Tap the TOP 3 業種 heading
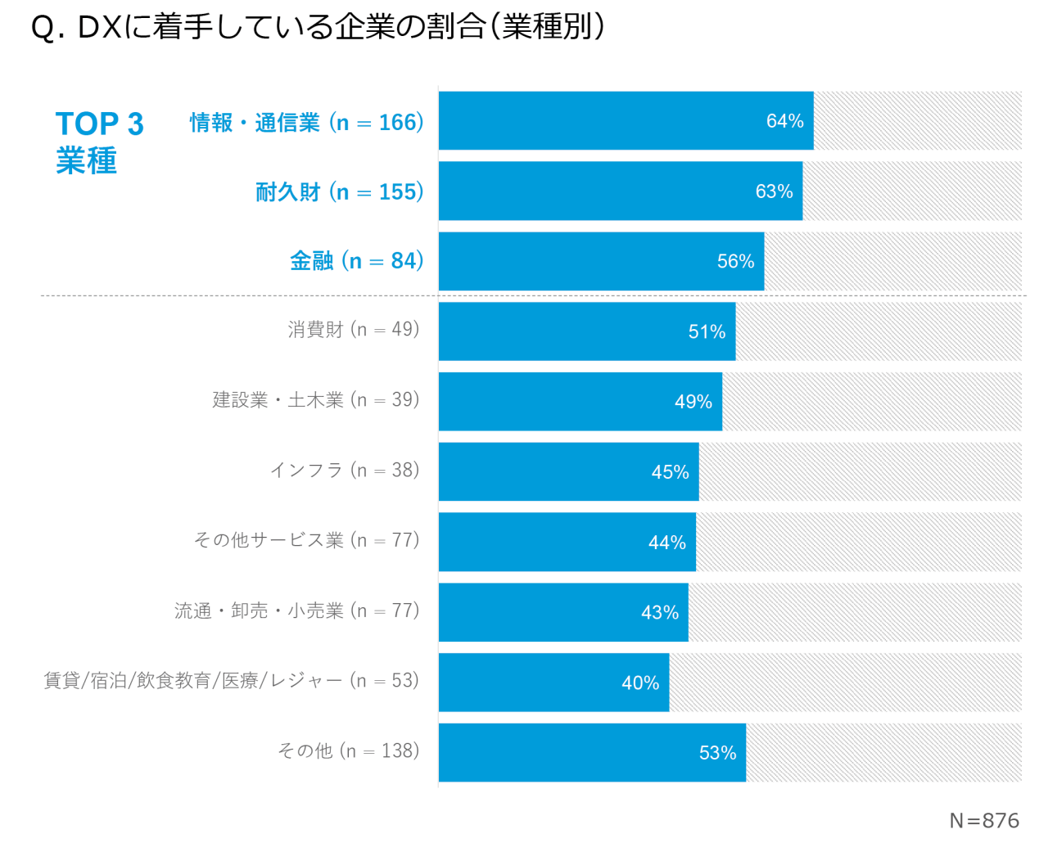[x=99, y=142]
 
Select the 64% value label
[x=784, y=121]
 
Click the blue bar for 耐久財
[x=620, y=191]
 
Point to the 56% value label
[x=735, y=261]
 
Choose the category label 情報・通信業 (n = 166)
[x=307, y=123]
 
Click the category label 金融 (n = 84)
[x=357, y=261]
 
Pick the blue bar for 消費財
[x=586, y=331]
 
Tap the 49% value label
[x=693, y=402]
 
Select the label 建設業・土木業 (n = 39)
[x=316, y=400]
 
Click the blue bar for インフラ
[x=568, y=472]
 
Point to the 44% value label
[x=666, y=543]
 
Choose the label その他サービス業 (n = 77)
[x=306, y=540]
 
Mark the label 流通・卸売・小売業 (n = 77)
[x=296, y=611]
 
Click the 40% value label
[x=640, y=683]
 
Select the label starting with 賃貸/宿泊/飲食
[x=231, y=681]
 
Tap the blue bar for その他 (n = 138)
[x=592, y=753]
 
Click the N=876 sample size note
[x=984, y=821]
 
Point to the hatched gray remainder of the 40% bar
[x=845, y=683]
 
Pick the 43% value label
[x=659, y=612]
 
